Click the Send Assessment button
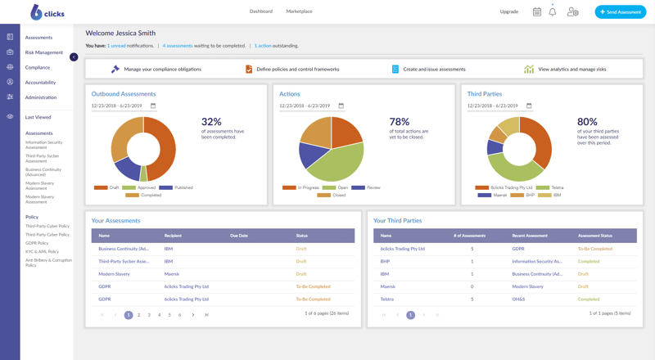620,11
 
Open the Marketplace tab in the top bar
299,11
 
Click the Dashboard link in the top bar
261,11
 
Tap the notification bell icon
553,12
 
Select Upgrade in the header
509,11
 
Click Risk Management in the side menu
44,52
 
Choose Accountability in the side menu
41,83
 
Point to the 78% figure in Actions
400,122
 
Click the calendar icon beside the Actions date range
341,106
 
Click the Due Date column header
239,236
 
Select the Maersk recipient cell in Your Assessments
172,274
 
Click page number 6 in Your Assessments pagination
180,315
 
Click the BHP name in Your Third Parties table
385,262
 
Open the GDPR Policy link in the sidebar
37,243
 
